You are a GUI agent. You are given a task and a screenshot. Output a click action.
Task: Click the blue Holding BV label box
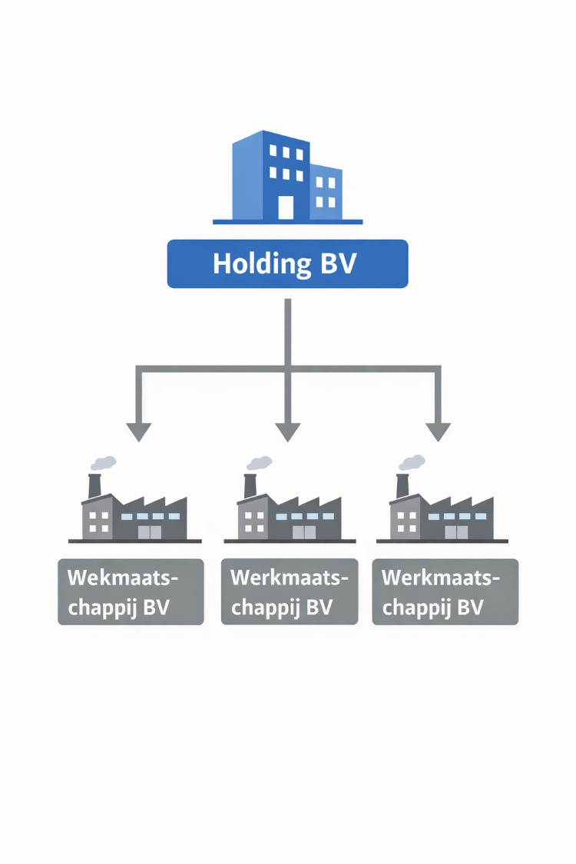pos(287,263)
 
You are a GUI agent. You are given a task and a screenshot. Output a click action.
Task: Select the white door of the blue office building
pos(286,207)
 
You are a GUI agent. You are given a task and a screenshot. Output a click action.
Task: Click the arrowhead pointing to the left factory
pos(138,432)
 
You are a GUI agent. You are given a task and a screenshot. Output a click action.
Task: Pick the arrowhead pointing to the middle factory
pos(288,432)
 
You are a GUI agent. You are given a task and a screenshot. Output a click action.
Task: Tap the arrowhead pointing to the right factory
pos(439,432)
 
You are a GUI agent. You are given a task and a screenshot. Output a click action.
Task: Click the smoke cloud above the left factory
pos(104,462)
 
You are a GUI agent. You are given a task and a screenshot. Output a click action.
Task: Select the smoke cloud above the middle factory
pos(260,462)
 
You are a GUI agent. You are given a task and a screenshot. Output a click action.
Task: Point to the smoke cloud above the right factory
pos(412,462)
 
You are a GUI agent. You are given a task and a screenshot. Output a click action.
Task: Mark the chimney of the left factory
pos(94,486)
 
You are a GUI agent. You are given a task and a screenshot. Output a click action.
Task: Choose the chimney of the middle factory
pos(250,486)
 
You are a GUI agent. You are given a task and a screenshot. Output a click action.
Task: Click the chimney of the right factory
pos(402,486)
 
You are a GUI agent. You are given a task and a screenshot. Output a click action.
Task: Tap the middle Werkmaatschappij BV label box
pos(290,591)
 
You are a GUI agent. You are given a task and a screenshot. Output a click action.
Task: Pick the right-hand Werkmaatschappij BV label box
pos(445,591)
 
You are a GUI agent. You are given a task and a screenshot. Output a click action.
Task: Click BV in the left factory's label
pos(156,607)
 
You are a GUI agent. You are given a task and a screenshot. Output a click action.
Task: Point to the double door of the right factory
pos(455,531)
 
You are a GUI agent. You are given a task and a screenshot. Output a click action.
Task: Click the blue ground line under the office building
pos(287,222)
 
